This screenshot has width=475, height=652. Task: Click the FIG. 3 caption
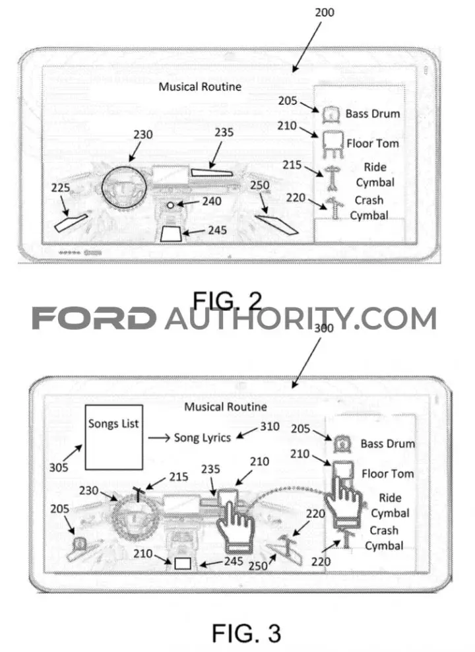pos(246,634)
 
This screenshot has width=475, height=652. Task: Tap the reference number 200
pos(324,12)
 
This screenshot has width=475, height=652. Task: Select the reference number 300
pos(324,328)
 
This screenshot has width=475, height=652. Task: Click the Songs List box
pos(114,437)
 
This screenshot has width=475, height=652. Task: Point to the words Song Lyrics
pos(203,438)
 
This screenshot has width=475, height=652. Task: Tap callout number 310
pos(270,426)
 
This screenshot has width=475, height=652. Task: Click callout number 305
pos(59,468)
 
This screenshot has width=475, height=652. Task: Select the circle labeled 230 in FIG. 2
pos(124,187)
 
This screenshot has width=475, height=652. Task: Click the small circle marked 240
pos(170,205)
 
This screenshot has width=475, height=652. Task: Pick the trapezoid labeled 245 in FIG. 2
pos(171,234)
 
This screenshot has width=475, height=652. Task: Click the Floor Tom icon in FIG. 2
pos(333,145)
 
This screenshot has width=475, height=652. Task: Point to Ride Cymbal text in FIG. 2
pos(375,175)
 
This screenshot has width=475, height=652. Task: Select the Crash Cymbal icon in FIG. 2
pos(333,208)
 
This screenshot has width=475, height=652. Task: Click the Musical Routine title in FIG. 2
pos(200,86)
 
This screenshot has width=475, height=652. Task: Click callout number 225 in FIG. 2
pos(61,188)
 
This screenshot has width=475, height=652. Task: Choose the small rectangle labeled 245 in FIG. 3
pos(183,564)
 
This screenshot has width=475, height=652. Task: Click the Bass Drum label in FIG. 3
pos(387,443)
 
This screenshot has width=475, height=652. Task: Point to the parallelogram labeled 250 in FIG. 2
pos(276,224)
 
